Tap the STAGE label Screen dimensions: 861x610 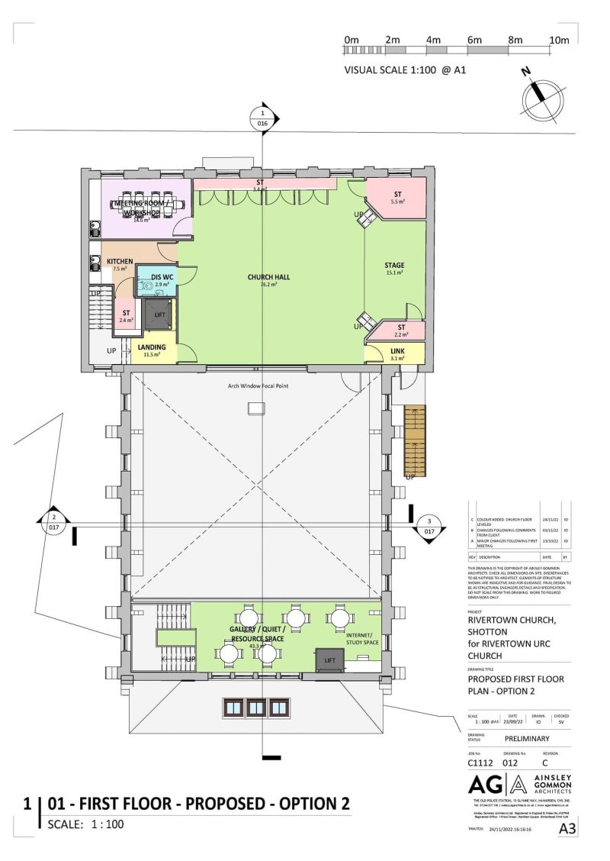pos(394,266)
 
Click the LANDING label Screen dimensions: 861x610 pos(152,348)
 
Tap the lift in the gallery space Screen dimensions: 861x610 pos(329,659)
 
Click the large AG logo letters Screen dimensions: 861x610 pos(487,785)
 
